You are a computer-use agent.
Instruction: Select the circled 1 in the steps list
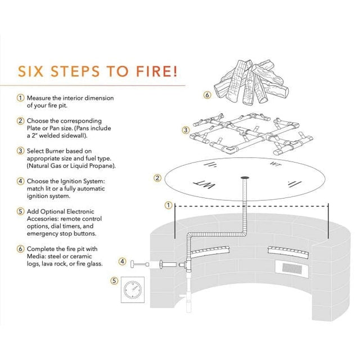point(21,98)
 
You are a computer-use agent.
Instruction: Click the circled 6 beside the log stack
point(207,95)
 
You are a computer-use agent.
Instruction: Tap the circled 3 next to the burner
point(186,130)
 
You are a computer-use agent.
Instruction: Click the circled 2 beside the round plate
point(158,178)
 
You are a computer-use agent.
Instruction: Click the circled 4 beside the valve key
point(122,262)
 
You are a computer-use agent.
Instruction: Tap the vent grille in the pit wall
point(291,269)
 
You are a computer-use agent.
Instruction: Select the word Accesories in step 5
point(43,219)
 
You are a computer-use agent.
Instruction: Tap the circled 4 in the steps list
point(21,181)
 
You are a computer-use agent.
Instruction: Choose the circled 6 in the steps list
point(21,249)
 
